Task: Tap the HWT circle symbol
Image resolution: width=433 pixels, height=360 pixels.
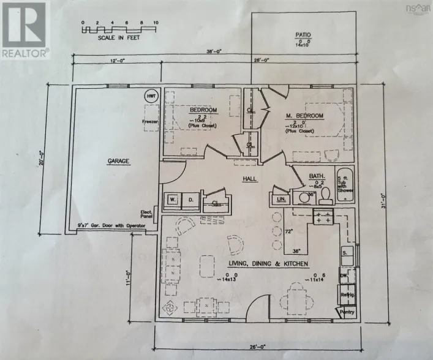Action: (150, 96)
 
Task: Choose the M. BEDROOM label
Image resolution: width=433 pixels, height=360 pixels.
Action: (299, 116)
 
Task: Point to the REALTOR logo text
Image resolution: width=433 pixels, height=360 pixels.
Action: (24, 53)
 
